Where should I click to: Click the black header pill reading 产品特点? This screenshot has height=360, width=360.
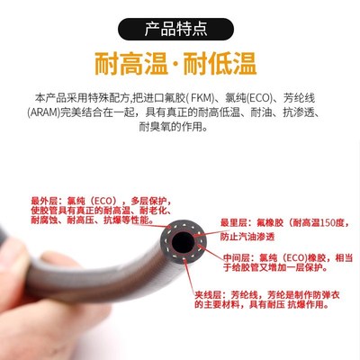[180, 25]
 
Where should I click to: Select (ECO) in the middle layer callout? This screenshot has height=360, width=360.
[300, 256]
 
